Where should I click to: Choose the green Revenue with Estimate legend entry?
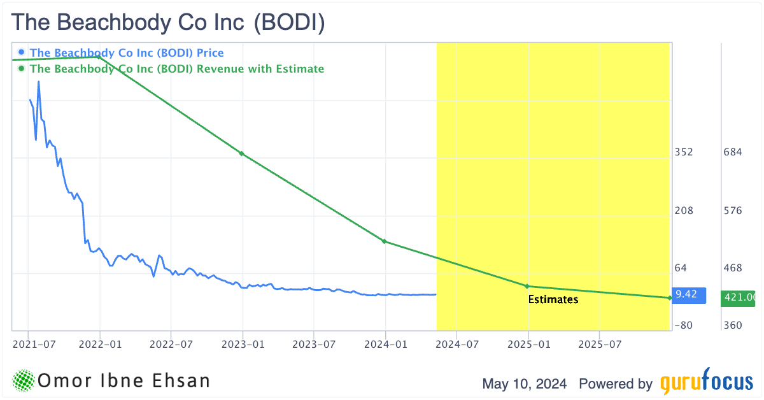tap(176, 69)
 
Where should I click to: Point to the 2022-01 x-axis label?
tap(99, 345)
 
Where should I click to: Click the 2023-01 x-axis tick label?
tap(243, 345)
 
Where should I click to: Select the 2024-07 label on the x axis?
tap(456, 345)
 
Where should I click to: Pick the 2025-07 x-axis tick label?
tap(599, 345)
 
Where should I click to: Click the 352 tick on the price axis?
tap(684, 152)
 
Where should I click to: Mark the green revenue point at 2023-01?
tap(241, 154)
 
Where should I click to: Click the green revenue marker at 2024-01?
tap(385, 241)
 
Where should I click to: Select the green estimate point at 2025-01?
tap(527, 286)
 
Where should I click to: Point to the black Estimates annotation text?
tap(553, 299)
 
